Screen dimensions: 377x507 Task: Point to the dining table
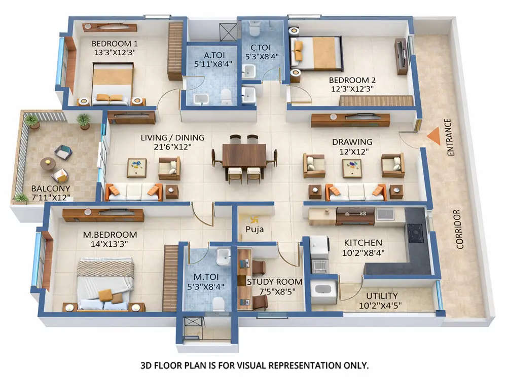pyautogui.click(x=244, y=156)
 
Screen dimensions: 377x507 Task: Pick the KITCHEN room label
pyautogui.click(x=364, y=243)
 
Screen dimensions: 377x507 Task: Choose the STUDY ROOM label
pyautogui.click(x=274, y=282)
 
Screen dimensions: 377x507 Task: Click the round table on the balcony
pyautogui.click(x=48, y=163)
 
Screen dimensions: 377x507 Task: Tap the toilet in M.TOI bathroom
pyautogui.click(x=218, y=304)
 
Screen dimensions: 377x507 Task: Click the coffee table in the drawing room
pyautogui.click(x=352, y=168)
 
